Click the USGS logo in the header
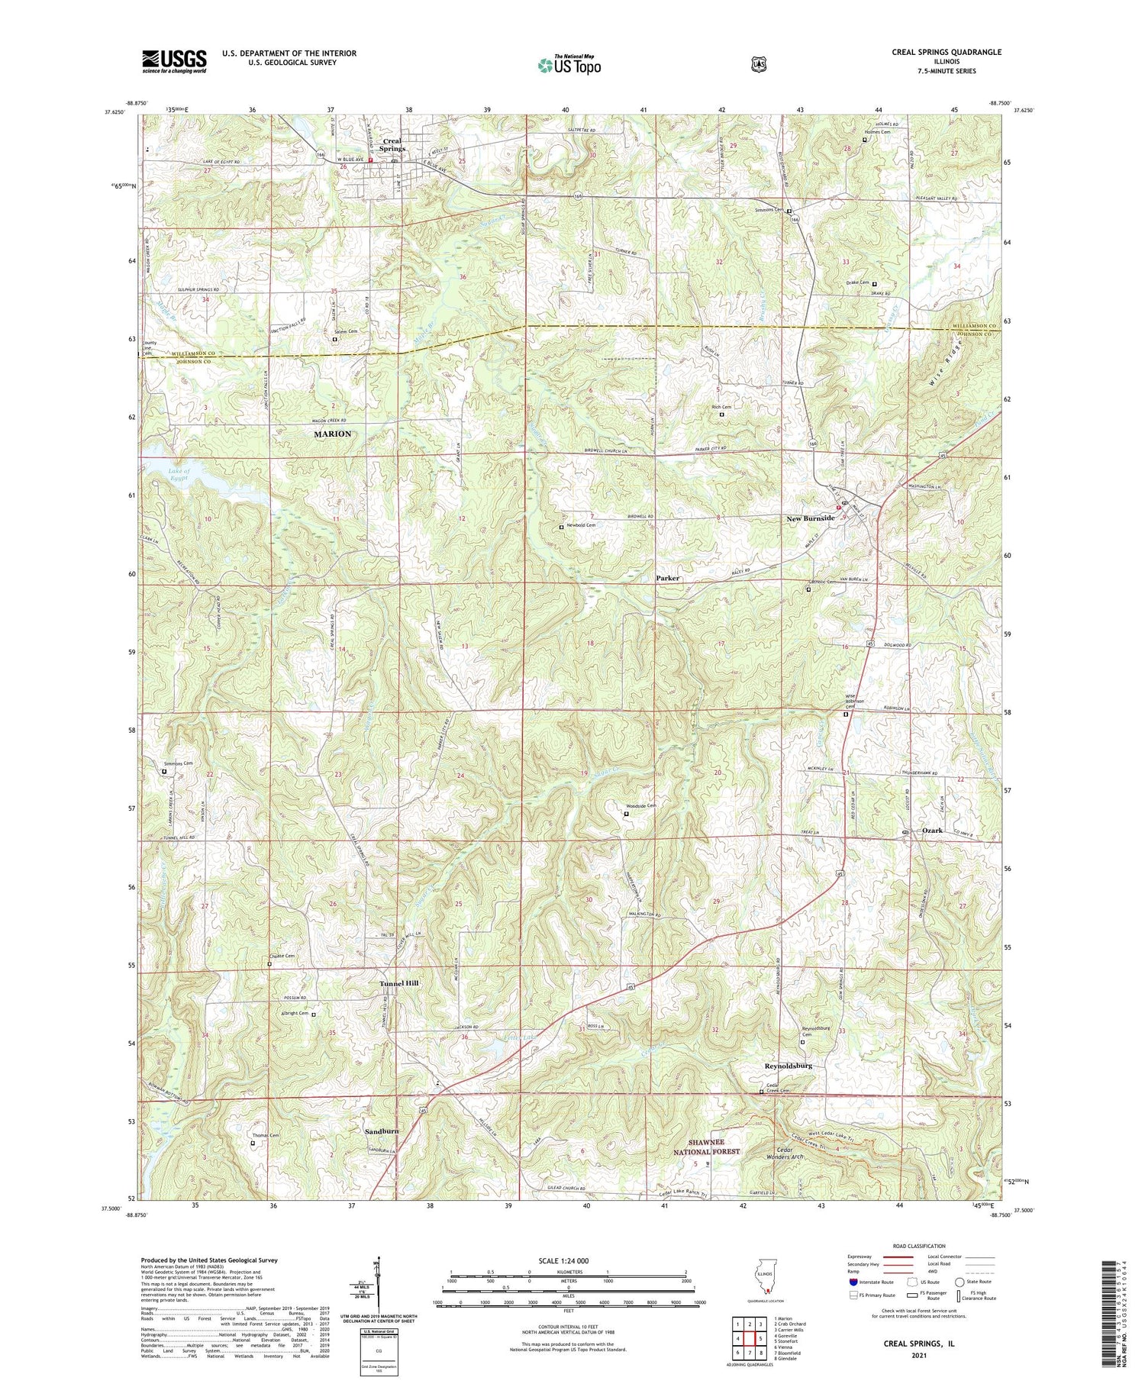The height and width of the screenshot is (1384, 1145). coord(174,61)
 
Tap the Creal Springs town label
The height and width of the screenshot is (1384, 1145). coord(392,144)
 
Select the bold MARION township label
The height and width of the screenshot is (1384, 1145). coord(333,434)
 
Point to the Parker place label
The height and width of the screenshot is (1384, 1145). coord(668,578)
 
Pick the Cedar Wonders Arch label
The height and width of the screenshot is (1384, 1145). coord(776,1153)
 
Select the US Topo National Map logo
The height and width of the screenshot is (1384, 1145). coord(569,65)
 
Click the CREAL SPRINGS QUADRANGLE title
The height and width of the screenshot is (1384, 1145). coord(947,52)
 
